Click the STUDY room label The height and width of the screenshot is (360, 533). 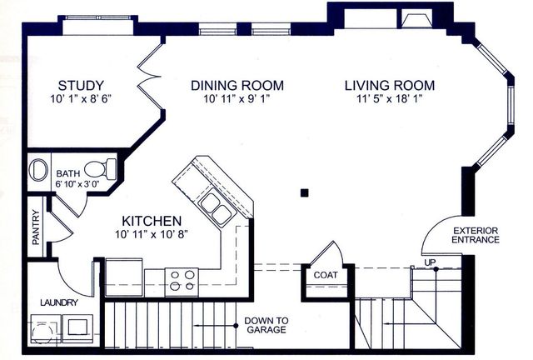click(x=81, y=85)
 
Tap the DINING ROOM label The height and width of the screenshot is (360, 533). click(x=237, y=85)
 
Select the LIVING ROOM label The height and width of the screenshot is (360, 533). click(x=390, y=85)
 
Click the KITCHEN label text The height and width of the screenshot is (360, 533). click(x=152, y=221)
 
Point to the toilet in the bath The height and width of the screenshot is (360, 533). click(x=101, y=169)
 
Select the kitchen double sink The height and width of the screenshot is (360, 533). click(x=217, y=208)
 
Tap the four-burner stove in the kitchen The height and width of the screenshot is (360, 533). click(x=182, y=281)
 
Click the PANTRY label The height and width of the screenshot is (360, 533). click(x=36, y=227)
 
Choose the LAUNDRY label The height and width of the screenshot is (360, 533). click(x=59, y=302)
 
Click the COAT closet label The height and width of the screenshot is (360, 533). click(x=326, y=275)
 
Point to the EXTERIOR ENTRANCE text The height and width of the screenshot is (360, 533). click(x=476, y=235)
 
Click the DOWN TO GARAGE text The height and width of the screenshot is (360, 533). click(x=266, y=325)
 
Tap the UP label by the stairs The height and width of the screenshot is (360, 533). click(x=430, y=262)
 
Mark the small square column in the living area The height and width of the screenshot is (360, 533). click(x=304, y=193)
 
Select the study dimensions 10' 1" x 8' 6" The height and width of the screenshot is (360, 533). click(x=81, y=99)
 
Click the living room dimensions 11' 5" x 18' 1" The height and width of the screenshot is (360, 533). click(x=390, y=99)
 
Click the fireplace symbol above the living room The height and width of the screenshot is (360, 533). click(x=416, y=20)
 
